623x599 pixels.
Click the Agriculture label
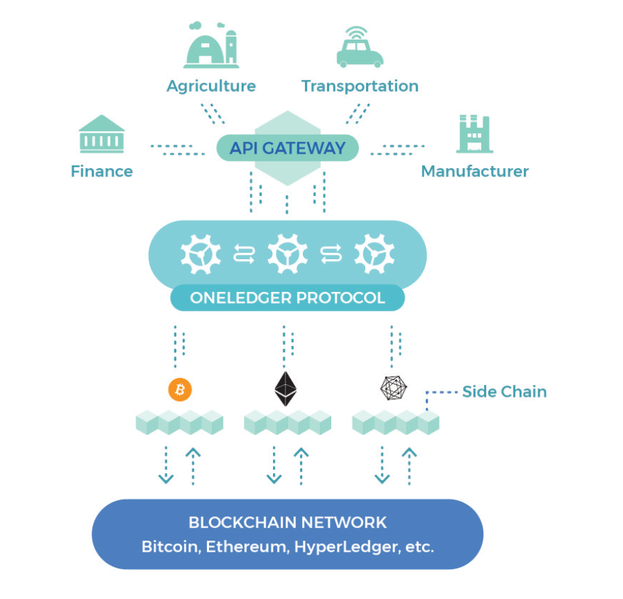tap(211, 86)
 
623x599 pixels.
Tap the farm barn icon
tap(211, 45)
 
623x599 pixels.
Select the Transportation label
tap(360, 86)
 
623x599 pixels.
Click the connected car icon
tap(360, 47)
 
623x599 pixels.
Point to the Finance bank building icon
tap(101, 134)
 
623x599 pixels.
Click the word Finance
tap(101, 172)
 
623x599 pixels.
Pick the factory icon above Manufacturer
tap(474, 134)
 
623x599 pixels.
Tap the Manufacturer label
tap(475, 172)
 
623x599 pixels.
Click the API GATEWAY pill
tap(288, 148)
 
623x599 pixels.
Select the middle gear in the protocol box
tap(288, 254)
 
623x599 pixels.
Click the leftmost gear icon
tap(201, 254)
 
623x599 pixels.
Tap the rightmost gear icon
tap(374, 254)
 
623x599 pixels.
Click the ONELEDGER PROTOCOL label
tap(288, 297)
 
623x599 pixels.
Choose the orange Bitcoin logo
tap(180, 390)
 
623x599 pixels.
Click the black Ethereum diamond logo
tap(285, 388)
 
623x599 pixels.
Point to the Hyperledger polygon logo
tap(393, 388)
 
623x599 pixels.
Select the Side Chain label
tap(505, 392)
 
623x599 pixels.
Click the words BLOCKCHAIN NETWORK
tap(288, 523)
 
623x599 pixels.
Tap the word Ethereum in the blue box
tap(247, 547)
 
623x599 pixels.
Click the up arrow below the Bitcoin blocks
tap(193, 466)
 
